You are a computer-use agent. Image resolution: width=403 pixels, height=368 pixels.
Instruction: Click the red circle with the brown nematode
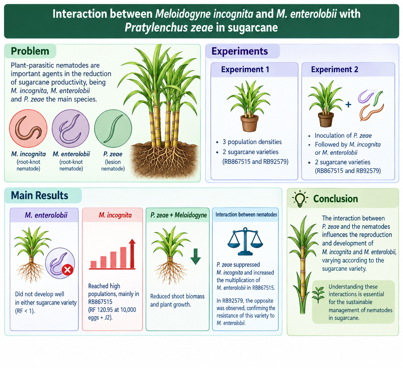tap(28, 129)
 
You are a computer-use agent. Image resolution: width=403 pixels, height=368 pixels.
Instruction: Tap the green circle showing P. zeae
tap(113, 129)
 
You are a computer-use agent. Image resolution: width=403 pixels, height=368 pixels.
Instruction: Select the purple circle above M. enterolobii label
tap(71, 129)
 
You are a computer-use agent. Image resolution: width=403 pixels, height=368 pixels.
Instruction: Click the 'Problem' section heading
tap(30, 51)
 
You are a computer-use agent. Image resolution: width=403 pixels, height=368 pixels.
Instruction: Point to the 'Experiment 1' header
tap(245, 69)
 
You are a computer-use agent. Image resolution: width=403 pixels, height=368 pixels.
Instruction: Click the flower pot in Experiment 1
tap(249, 123)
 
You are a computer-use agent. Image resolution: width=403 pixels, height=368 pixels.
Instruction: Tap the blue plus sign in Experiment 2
tap(348, 105)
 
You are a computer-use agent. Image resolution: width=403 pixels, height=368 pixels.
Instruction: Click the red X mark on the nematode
tap(68, 270)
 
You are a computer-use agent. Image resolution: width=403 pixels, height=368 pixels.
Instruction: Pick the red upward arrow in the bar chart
tap(132, 253)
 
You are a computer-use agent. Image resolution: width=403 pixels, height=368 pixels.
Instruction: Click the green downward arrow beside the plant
tap(195, 257)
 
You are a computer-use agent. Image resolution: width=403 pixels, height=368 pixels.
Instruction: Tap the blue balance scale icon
tap(245, 241)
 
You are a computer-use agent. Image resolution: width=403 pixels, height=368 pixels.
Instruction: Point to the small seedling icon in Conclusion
tap(318, 295)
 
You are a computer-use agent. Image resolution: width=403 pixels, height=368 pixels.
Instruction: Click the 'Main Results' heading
tap(40, 195)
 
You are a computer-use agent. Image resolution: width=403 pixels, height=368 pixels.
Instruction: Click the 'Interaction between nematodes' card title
tap(246, 215)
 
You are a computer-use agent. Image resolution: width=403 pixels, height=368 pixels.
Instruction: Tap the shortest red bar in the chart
tap(93, 264)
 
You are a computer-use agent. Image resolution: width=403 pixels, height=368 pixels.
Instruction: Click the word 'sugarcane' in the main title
tap(252, 28)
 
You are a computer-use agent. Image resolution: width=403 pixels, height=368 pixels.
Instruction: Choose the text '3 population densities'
tap(252, 142)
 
